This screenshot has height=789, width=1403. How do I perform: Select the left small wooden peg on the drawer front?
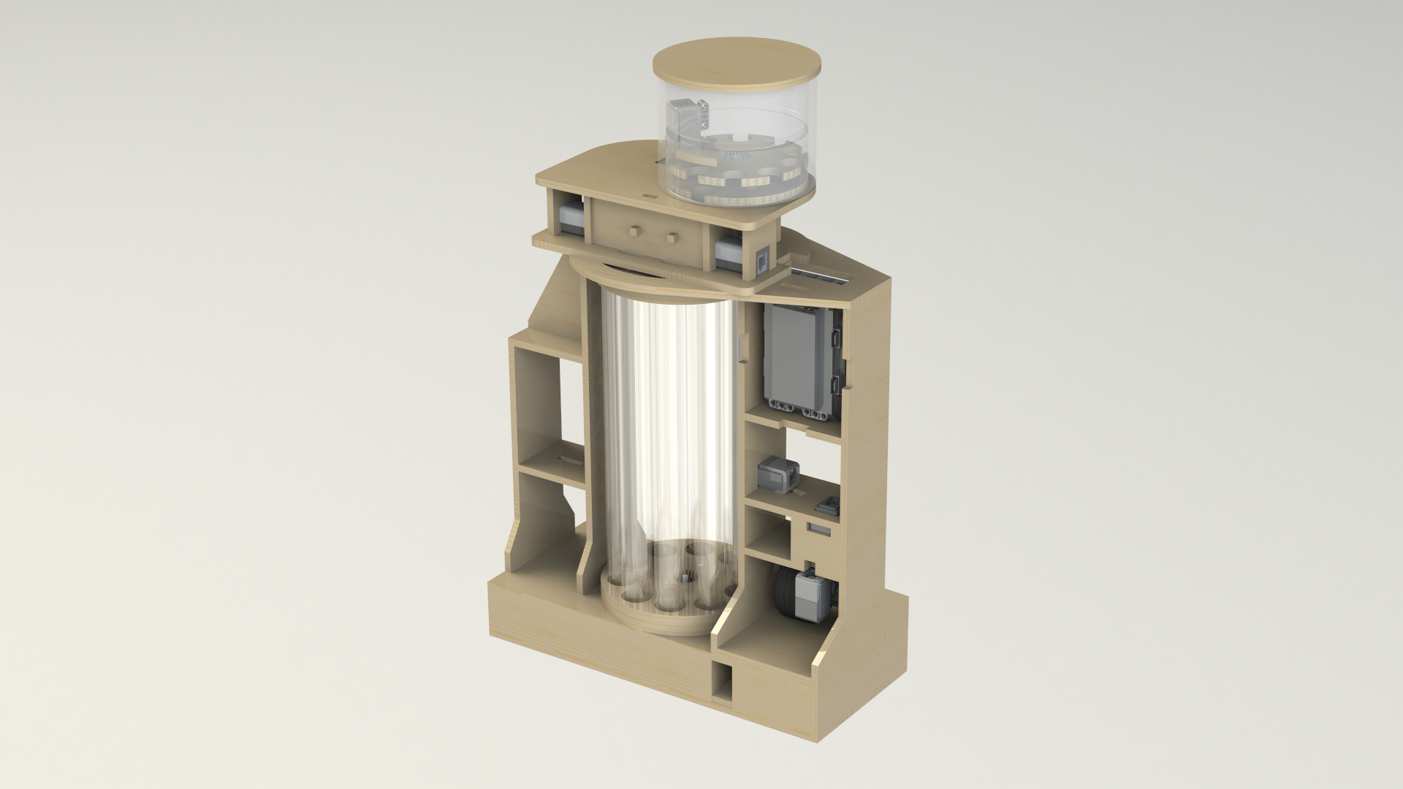click(632, 230)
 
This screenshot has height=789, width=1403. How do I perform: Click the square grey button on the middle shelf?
click(832, 503)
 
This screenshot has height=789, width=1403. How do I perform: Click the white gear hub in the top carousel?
click(738, 156)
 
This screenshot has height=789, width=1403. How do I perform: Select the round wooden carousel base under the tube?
click(658, 621)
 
